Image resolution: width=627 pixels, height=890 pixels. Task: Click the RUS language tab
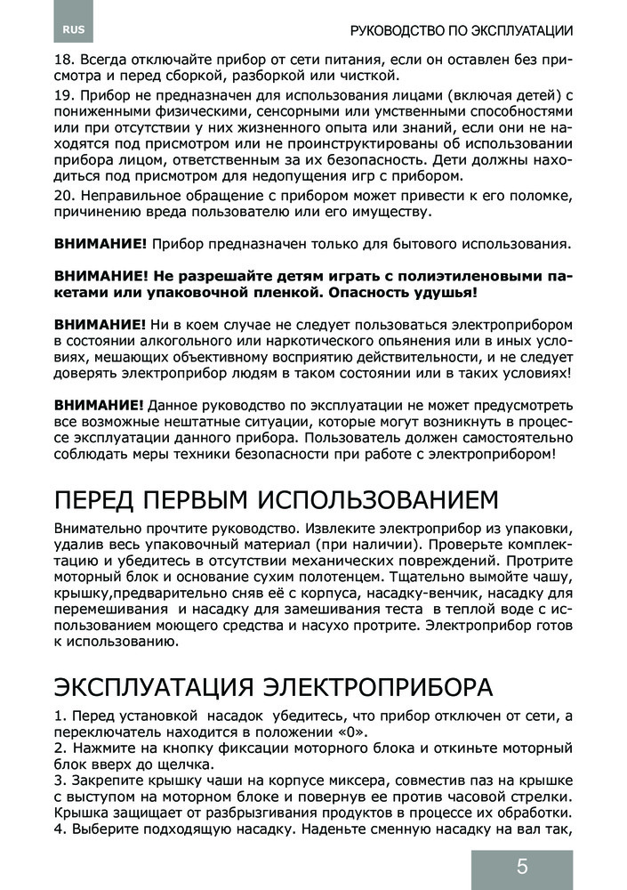pos(73,30)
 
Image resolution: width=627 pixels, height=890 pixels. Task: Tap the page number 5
pos(521,868)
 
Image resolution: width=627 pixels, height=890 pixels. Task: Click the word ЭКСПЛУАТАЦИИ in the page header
pos(515,30)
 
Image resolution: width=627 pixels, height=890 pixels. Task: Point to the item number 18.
pos(63,62)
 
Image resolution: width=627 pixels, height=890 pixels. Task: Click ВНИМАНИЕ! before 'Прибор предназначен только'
pos(100,243)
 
